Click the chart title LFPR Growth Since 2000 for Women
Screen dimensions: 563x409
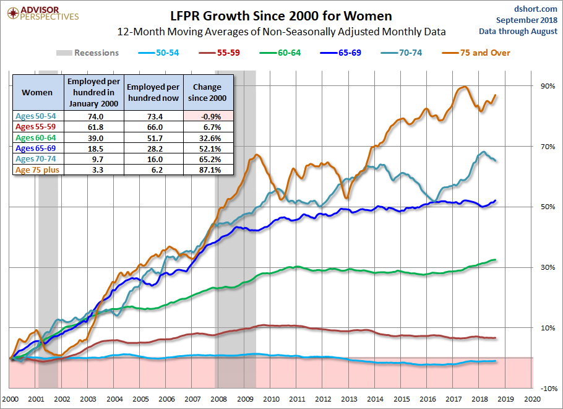[281, 16]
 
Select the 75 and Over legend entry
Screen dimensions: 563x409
[476, 53]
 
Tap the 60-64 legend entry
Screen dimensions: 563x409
[280, 53]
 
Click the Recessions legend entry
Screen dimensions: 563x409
[87, 53]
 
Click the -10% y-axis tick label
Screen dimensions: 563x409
[549, 389]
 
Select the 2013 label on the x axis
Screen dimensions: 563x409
[349, 399]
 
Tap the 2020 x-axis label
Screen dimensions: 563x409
[533, 399]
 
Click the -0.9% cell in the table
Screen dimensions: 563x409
[208, 116]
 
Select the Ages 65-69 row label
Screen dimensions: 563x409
[35, 149]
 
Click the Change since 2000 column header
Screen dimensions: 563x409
[207, 92]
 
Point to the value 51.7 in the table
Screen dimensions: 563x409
[155, 138]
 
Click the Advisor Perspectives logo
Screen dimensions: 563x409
[43, 14]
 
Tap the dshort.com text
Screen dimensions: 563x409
[535, 9]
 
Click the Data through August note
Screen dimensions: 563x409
[518, 31]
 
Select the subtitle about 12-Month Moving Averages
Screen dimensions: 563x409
[281, 32]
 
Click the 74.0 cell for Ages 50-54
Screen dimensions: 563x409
[95, 116]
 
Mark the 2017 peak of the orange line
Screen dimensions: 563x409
[465, 87]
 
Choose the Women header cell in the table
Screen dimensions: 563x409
[37, 92]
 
